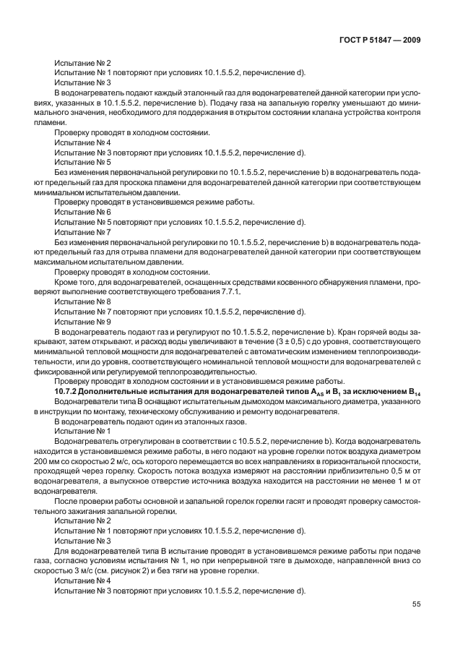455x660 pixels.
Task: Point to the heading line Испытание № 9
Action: (82, 321)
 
